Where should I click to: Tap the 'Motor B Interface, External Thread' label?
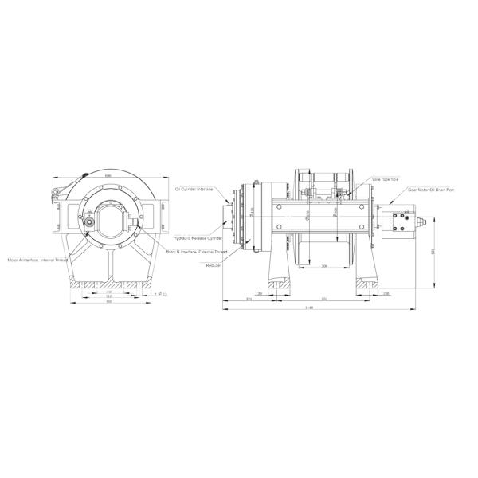(196, 251)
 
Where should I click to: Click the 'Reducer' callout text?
(213, 265)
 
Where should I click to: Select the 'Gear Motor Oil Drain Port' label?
(431, 190)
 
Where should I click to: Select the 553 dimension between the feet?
(323, 299)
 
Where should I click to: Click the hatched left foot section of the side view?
(280, 283)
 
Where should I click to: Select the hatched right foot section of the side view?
(368, 283)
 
